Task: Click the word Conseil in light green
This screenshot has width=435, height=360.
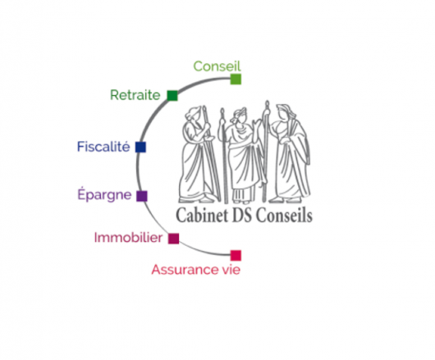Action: point(217,66)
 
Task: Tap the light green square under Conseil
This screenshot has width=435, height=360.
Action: point(236,80)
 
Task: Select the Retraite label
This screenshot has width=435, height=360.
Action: point(135,95)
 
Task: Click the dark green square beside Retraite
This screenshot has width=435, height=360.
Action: point(172,96)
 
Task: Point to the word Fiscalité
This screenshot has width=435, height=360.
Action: point(103,147)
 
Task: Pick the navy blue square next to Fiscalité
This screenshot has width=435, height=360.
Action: point(140,147)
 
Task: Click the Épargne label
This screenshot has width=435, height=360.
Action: point(104,194)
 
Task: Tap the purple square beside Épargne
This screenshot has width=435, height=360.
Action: point(142,196)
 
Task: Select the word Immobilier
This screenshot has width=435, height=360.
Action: point(128,238)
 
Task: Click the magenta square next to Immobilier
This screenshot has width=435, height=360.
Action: point(174,239)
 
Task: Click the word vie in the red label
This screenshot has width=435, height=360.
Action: point(231,270)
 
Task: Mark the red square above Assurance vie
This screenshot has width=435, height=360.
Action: point(236,256)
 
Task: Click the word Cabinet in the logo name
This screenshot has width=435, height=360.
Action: point(202,216)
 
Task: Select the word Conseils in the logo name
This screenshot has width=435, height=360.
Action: point(284,216)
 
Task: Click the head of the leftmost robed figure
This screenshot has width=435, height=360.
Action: point(195,114)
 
